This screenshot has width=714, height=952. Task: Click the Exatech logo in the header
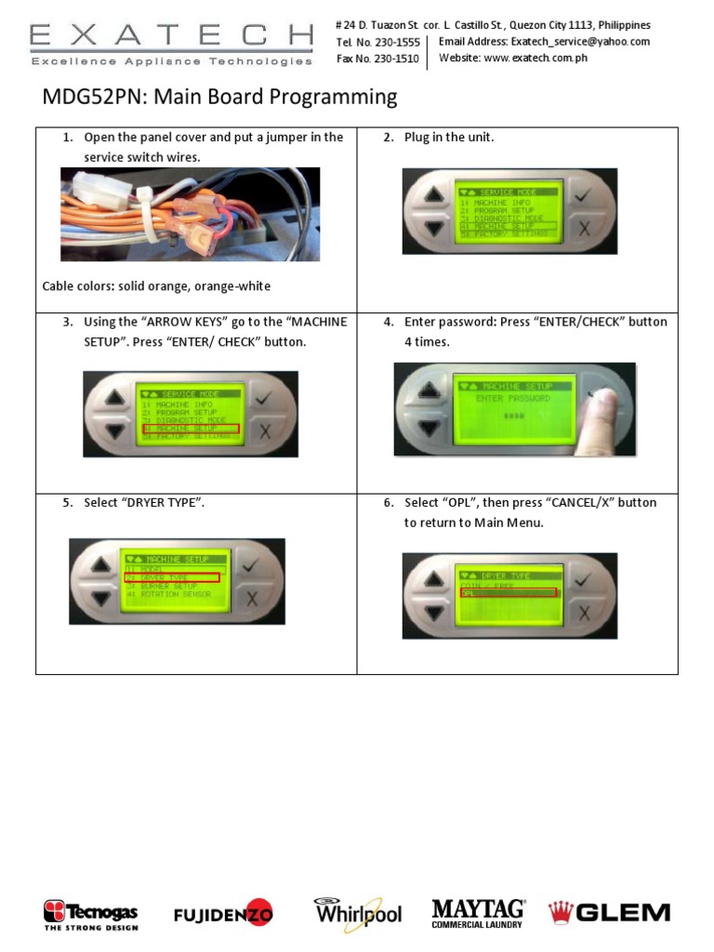point(171,43)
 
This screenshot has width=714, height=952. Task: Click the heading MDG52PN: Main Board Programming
point(220,97)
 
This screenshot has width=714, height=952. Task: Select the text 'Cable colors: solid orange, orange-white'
point(157,285)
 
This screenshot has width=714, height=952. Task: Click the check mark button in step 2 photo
point(583,196)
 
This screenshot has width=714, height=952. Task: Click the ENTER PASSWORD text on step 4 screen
point(512,398)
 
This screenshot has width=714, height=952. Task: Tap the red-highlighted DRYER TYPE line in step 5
point(172,577)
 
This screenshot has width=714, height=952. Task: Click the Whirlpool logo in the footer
point(358,913)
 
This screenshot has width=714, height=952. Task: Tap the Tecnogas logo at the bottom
point(91,914)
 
